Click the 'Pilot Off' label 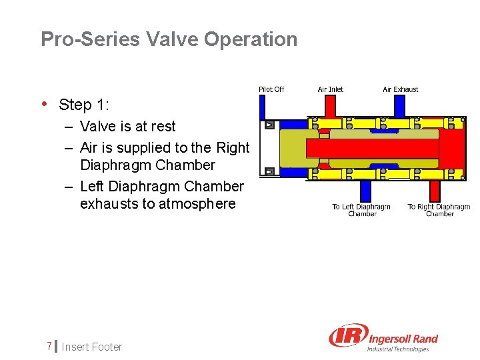[x=271, y=89]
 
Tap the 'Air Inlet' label [x=331, y=89]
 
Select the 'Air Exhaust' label [x=401, y=89]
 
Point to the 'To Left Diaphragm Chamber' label [x=361, y=210]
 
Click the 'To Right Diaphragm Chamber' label [x=439, y=210]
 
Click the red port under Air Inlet [x=330, y=105]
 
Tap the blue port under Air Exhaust [x=399, y=105]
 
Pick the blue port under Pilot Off [x=262, y=107]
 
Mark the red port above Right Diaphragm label [x=435, y=191]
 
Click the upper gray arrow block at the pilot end [x=269, y=125]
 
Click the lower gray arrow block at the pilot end [x=269, y=171]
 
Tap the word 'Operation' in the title [x=251, y=39]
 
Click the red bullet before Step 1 [x=44, y=104]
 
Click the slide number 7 [x=49, y=346]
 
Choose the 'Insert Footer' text [x=92, y=347]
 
